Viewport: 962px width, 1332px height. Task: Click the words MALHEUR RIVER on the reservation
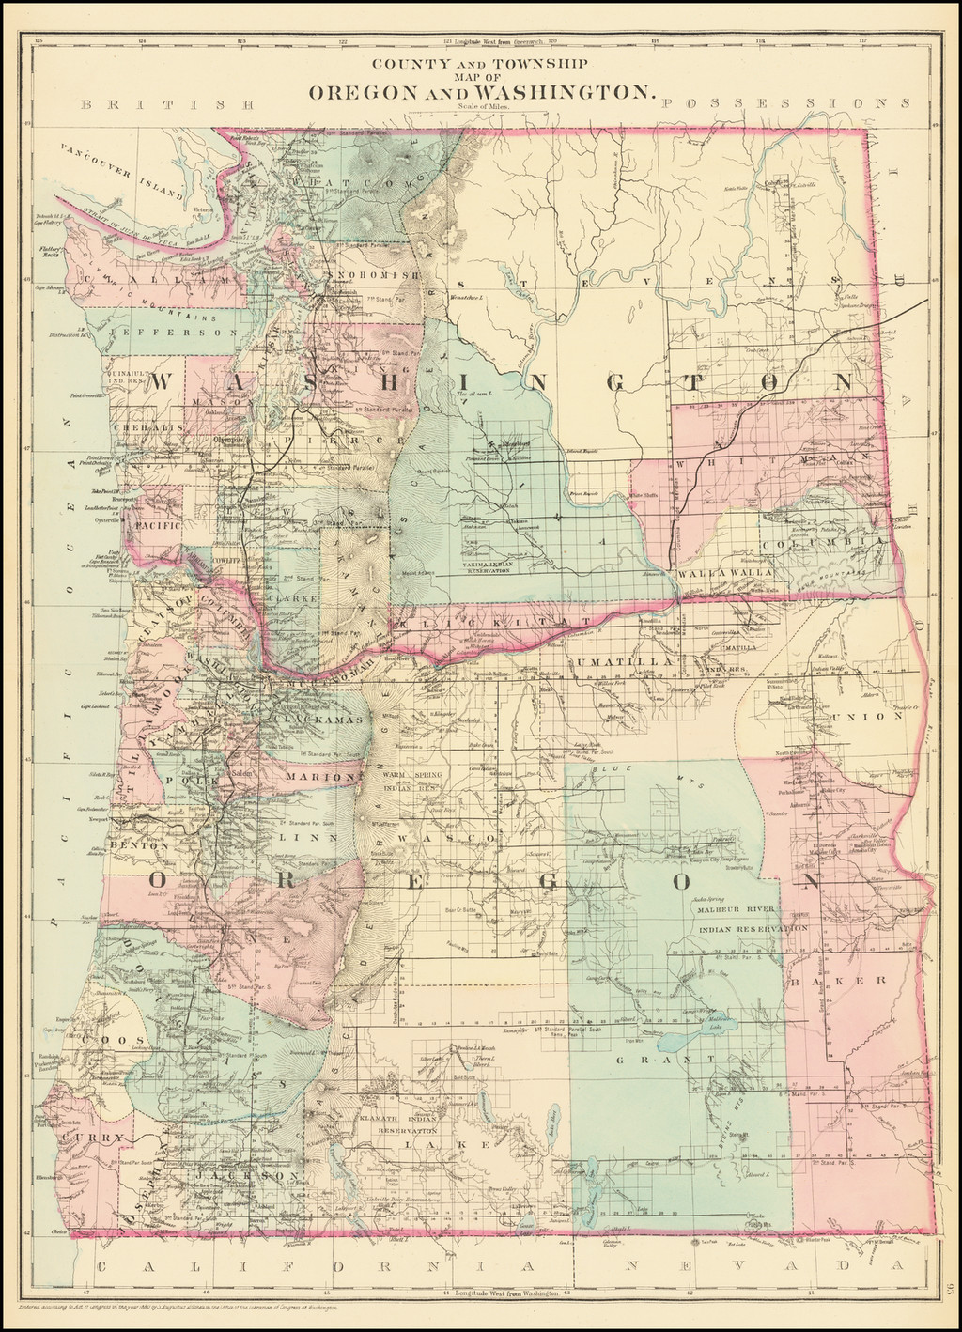pyautogui.click(x=734, y=909)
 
